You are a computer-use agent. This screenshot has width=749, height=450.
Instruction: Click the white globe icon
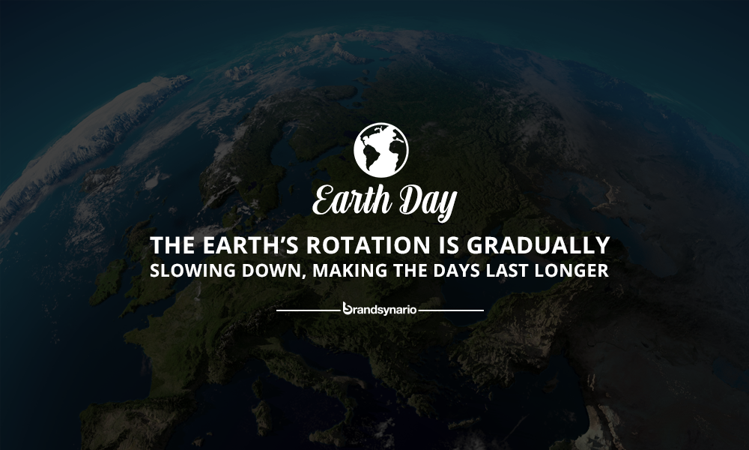381,150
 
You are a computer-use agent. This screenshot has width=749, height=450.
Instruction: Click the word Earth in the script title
352,199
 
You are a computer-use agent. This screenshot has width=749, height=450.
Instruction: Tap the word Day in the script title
428,202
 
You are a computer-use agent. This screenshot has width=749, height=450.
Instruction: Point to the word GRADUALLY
539,245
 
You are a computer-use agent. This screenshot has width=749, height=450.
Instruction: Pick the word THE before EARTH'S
172,245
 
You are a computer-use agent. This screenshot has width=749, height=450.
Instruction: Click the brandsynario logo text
380,310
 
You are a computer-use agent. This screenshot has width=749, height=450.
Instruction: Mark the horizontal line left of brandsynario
308,310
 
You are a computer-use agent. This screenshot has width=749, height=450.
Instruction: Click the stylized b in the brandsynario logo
348,308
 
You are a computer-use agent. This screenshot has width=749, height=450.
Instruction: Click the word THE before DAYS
410,270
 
